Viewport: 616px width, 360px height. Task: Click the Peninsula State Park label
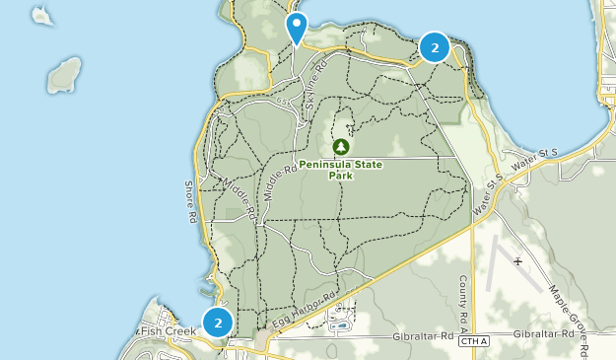pos(341,170)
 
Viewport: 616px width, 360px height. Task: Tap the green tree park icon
pos(341,147)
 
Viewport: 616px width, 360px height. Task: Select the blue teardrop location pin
pos(296,27)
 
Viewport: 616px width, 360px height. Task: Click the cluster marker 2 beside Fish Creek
pos(218,322)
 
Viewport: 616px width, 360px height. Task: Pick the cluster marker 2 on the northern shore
pos(435,46)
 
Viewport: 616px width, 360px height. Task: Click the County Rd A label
pos(462,297)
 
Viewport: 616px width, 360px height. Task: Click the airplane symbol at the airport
pos(518,260)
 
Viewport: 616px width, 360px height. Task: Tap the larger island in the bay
pos(64,74)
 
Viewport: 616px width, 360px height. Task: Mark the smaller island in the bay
pos(41,15)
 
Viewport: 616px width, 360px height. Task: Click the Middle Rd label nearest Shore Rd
pos(240,197)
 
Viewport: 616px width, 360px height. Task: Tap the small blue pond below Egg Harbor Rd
pos(340,324)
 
